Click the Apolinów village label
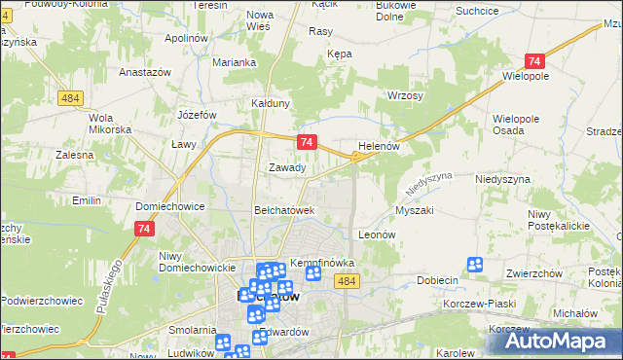pos(188,37)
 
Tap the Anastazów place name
pos(145,72)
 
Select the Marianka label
pos(234,62)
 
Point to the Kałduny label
pos(271,103)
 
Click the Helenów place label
pos(380,146)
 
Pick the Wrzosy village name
pos(405,96)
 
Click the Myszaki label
pos(414,210)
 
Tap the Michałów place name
pos(574,315)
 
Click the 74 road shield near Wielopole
pos(533,59)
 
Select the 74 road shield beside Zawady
pos(307,142)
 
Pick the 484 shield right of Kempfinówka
pos(346,280)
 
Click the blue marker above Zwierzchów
pos(475,264)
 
